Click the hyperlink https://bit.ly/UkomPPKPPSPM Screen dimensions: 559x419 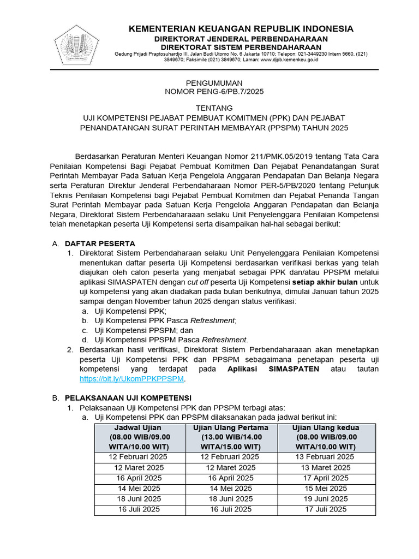pos(132,378)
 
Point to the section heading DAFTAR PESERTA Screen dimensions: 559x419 pos(100,243)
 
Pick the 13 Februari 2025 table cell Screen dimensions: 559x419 pos(326,457)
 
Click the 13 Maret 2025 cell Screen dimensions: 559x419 pos(326,467)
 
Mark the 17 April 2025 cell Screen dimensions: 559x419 pos(326,478)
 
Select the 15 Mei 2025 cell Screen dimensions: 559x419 pos(326,489)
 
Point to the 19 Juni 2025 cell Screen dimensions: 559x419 pos(326,499)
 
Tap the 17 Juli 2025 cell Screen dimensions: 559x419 pos(326,509)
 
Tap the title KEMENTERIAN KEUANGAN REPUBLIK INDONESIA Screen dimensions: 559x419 pos(241,29)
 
